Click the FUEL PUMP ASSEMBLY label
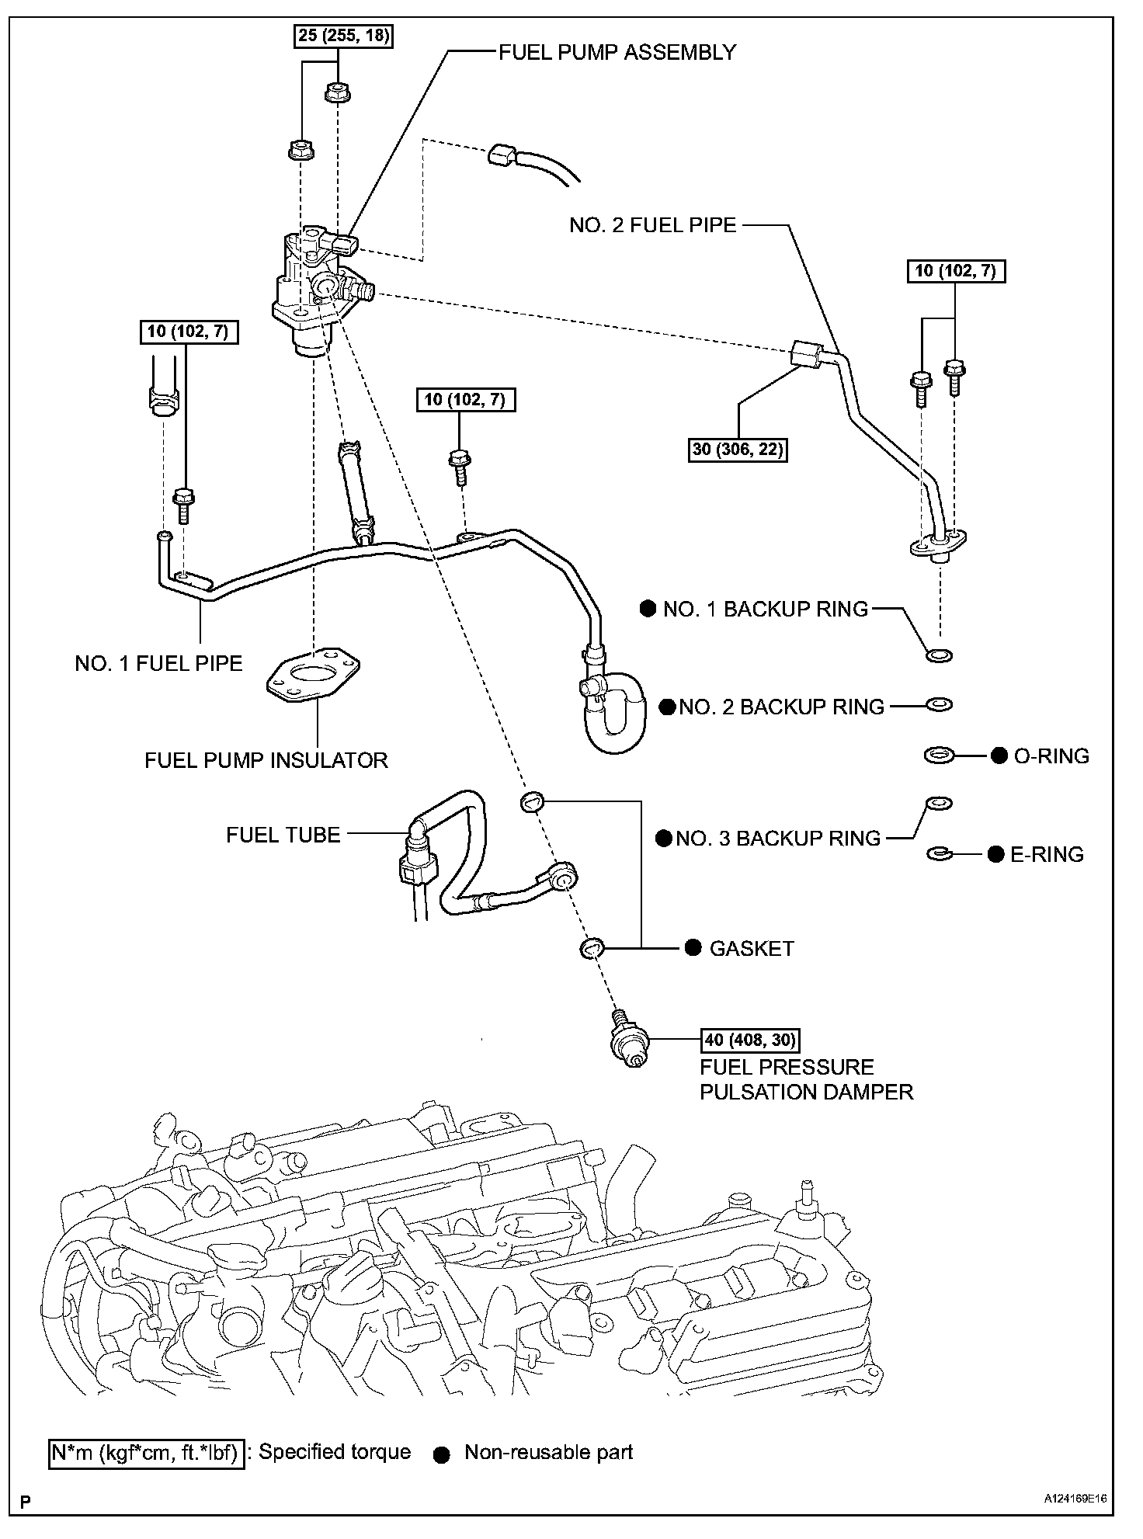click(617, 53)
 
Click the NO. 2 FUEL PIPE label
click(652, 225)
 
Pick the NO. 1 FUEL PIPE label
click(158, 663)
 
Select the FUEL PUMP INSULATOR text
click(266, 759)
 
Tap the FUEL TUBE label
click(283, 835)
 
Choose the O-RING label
click(1051, 756)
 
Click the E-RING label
click(1047, 854)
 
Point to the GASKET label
click(752, 948)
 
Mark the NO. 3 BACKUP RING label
click(778, 838)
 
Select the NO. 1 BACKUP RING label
click(765, 609)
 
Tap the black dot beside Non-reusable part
click(442, 1456)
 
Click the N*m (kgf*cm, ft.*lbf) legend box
click(147, 1451)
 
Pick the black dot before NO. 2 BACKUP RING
click(667, 707)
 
